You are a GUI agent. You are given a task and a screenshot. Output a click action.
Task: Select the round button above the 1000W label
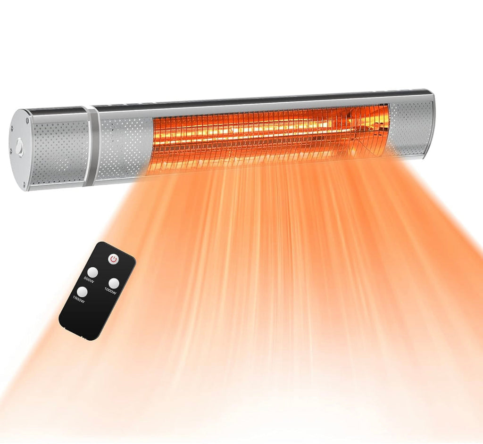pos(113,282)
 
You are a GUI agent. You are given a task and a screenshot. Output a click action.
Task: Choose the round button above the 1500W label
pos(83,291)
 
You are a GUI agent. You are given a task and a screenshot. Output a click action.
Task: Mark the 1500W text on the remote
pos(79,300)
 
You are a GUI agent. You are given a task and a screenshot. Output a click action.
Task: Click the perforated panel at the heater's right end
pos(409,123)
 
